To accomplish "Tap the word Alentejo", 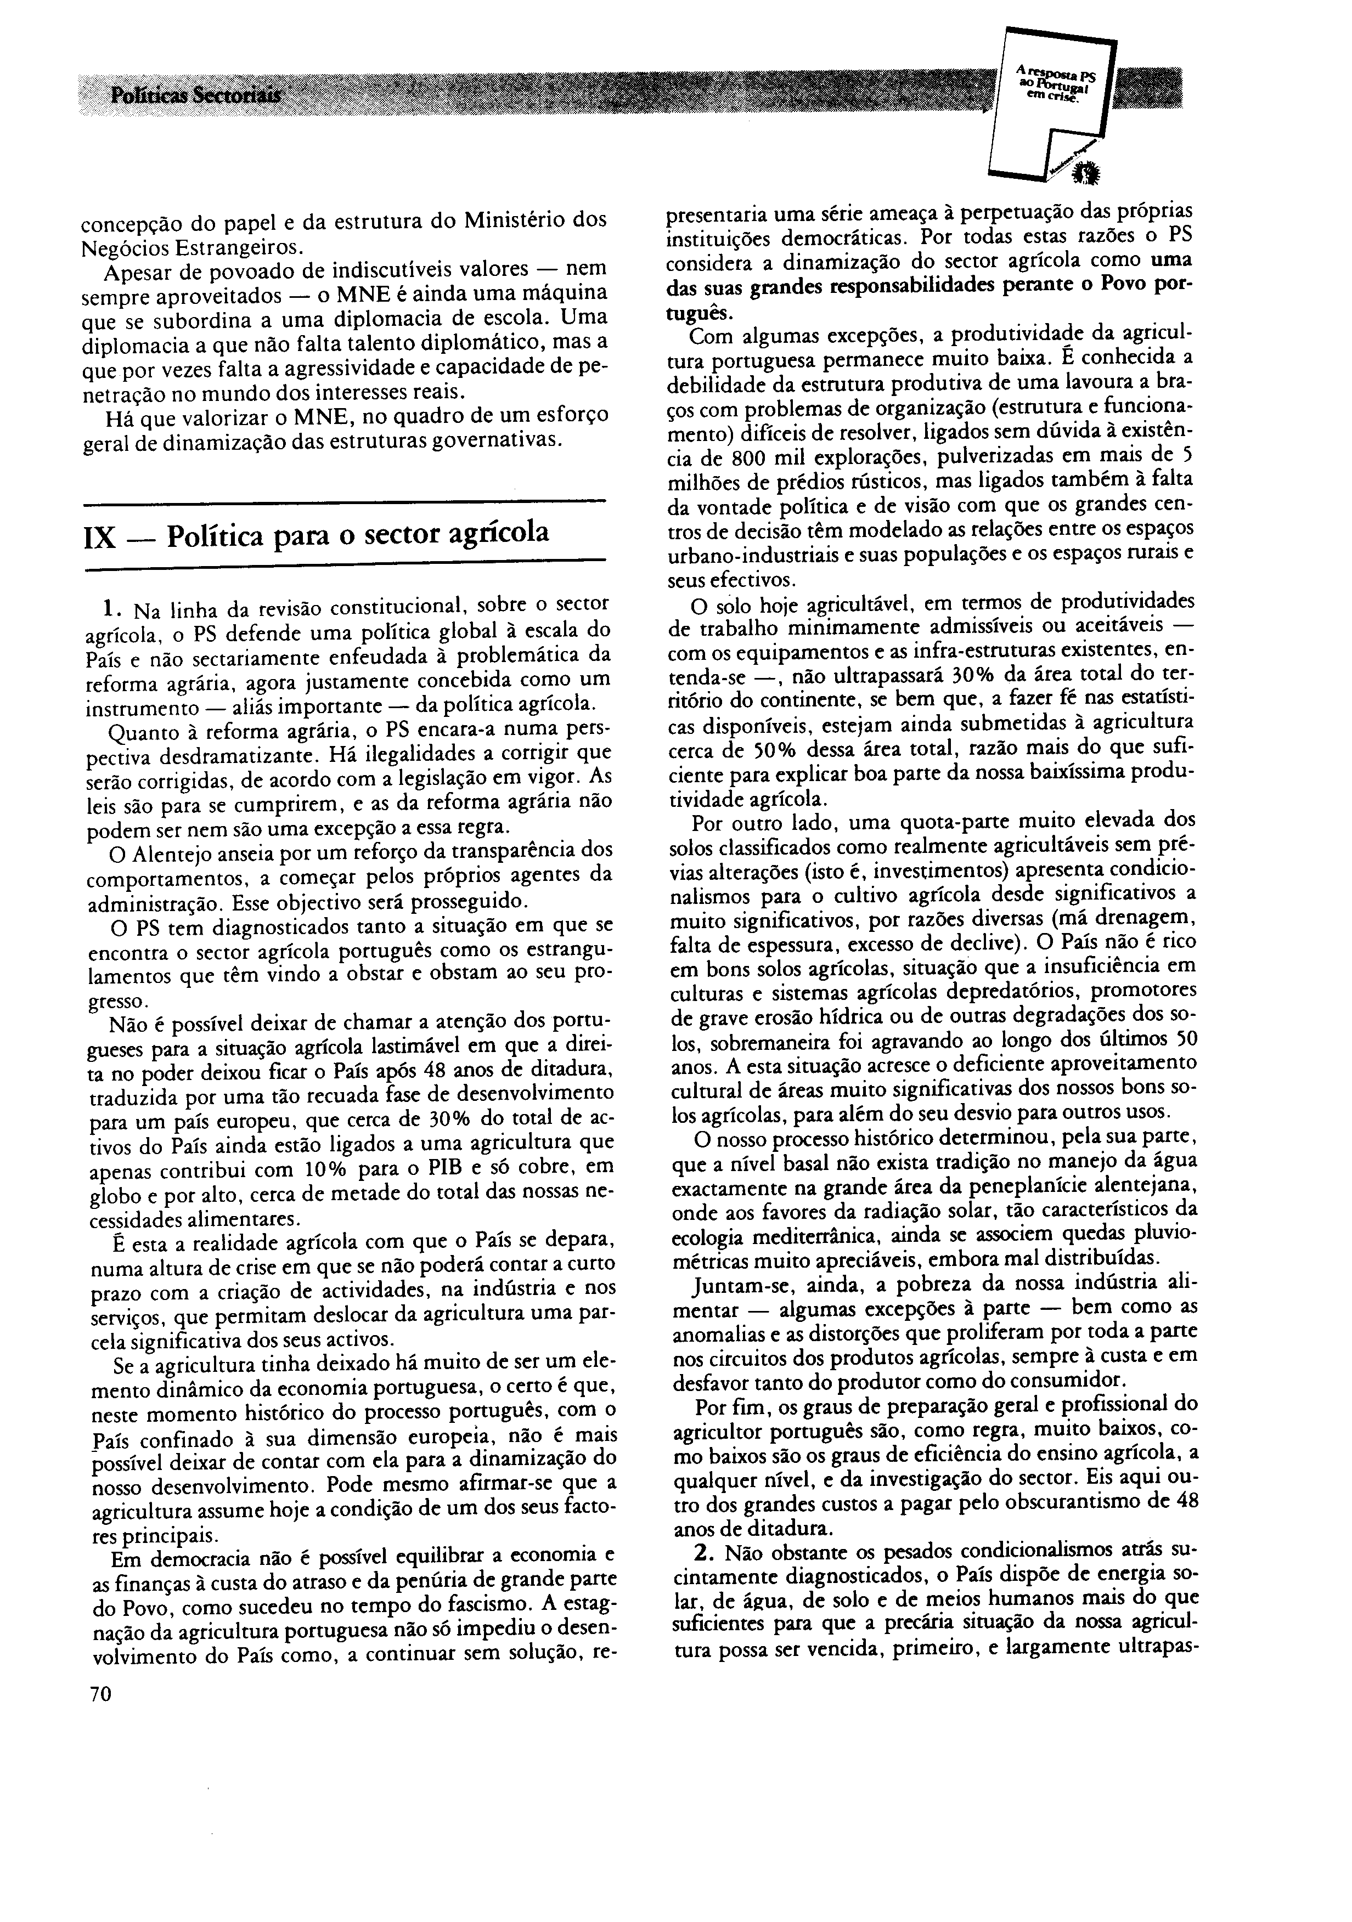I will tap(164, 850).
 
